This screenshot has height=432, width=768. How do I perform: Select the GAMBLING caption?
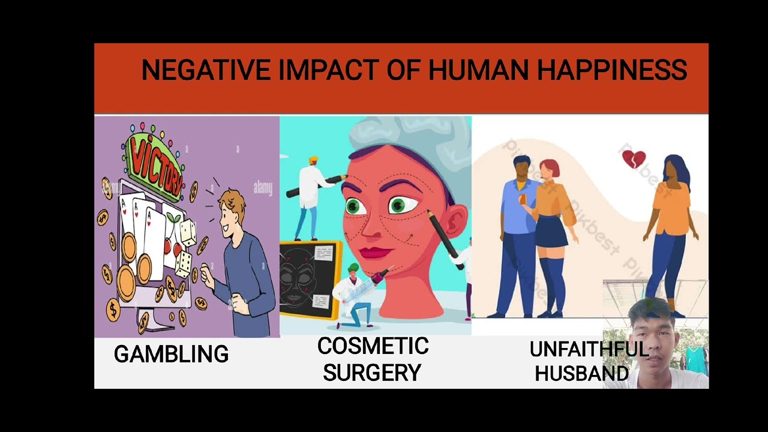(171, 355)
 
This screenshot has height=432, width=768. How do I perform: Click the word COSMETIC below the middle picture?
(373, 346)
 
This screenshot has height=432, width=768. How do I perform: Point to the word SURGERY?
(372, 373)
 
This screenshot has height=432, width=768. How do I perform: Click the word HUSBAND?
(581, 374)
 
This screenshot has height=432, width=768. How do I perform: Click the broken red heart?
(634, 159)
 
